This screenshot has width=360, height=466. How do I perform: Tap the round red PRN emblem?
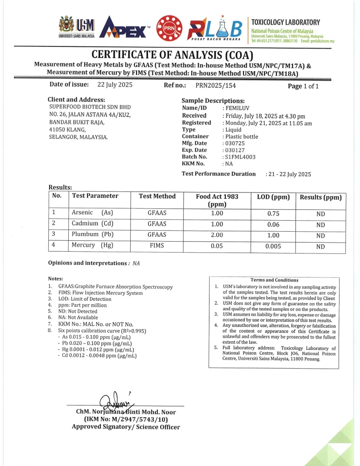169,28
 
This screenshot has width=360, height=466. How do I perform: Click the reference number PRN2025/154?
216,86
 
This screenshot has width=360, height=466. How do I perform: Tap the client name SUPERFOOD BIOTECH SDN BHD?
90,107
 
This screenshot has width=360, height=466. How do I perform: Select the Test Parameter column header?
95,196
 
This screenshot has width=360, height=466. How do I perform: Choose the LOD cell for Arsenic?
273,213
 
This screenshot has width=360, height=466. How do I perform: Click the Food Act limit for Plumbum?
217,235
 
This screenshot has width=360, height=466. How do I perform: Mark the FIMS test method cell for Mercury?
157,246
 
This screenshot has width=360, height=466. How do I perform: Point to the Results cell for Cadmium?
320,224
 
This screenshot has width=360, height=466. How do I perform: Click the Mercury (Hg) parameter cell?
92,245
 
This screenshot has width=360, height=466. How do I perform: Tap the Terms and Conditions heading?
274,280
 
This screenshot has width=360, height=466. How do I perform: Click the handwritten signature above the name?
117,400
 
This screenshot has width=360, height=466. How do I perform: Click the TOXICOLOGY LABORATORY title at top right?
285,22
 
